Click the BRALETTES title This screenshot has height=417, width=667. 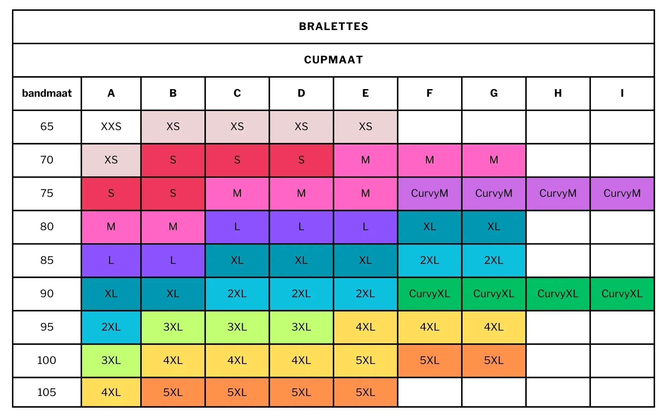pos(333,26)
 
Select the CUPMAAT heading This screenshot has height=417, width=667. pos(333,60)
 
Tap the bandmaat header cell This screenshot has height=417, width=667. pos(47,93)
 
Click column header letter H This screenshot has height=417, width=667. pos(558,93)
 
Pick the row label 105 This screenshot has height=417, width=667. pos(47,392)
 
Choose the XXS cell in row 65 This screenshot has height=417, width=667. pos(111,126)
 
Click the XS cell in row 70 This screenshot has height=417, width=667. pos(111,160)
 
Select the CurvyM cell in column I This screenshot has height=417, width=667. pos(622,193)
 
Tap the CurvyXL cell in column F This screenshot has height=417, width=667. pos(430,294)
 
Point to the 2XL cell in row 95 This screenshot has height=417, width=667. pos(111,327)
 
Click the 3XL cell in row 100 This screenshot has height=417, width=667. pos(111,360)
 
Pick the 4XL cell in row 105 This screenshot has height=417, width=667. pos(111,392)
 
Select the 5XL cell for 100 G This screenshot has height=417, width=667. pos(494,360)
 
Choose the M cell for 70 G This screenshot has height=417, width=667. pos(494,160)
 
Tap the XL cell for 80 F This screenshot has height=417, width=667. pos(430,227)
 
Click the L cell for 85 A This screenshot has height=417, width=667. pos(111,260)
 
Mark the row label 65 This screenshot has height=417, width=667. pos(47,126)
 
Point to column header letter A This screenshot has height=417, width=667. pos(111,93)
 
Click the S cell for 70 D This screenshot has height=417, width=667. pos(301,160)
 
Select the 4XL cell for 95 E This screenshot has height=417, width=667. pos(366,327)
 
